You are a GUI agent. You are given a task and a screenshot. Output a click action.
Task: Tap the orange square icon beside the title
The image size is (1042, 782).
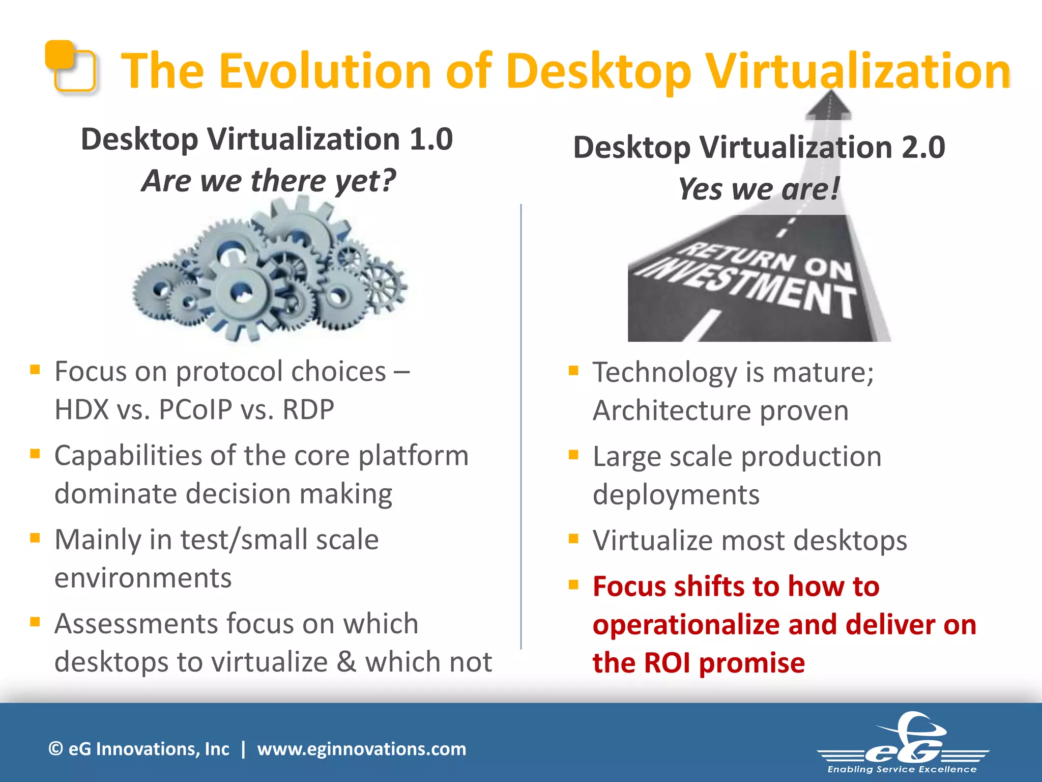[x=71, y=66]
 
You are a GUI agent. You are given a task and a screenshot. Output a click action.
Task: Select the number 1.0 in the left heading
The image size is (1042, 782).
[x=431, y=139]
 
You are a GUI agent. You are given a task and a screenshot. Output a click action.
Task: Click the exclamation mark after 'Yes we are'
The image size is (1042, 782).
[x=834, y=188]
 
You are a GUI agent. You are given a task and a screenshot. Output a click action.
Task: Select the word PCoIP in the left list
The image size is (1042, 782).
[x=195, y=409]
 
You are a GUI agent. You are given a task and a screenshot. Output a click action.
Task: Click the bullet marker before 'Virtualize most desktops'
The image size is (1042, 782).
[x=573, y=539]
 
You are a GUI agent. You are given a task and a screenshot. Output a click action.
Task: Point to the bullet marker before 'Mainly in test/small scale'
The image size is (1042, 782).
[x=35, y=538]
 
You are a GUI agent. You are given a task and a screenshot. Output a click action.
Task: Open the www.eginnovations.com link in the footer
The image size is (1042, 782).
[x=361, y=749]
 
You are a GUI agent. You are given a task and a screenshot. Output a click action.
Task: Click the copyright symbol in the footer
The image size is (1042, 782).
[x=55, y=749]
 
